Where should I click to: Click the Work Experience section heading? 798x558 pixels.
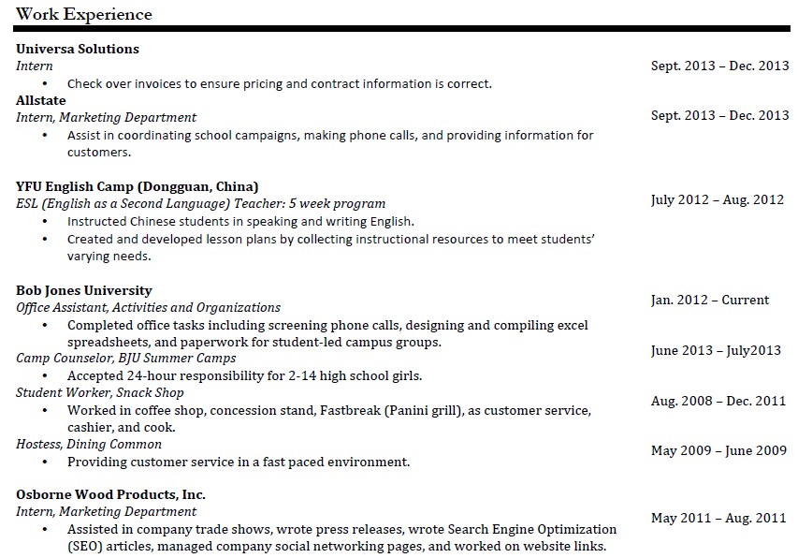click(84, 14)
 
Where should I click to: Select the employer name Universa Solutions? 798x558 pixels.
click(78, 49)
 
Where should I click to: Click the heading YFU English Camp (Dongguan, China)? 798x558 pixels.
click(138, 186)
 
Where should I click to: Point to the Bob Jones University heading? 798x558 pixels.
click(84, 290)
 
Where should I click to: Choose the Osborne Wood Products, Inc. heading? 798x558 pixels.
click(111, 494)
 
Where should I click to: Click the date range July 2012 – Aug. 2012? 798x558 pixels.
click(717, 199)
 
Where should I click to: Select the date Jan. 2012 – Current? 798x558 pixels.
click(709, 301)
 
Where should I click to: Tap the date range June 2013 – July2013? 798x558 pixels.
click(716, 350)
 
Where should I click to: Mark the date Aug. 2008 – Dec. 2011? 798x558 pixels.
click(718, 401)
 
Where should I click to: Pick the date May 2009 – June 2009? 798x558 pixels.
click(718, 450)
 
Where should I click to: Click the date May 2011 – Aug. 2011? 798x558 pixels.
click(718, 518)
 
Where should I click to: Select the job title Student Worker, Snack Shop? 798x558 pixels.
click(100, 392)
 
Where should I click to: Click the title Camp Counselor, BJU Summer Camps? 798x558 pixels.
click(126, 358)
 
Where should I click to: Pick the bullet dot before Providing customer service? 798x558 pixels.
click(45, 462)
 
